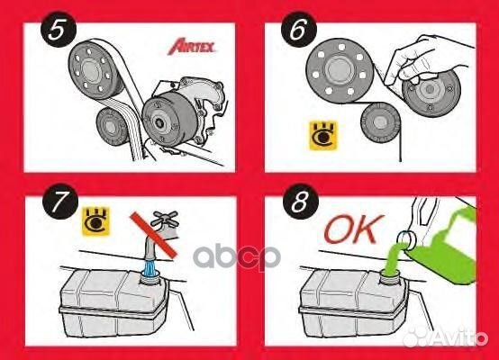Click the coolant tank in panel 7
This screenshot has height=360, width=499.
tap(99, 301)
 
